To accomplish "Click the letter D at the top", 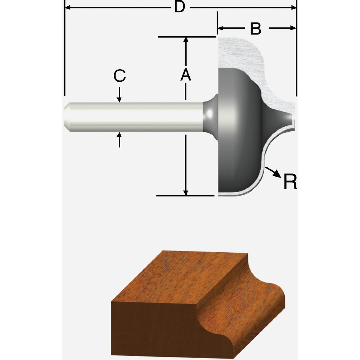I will [x=179, y=7].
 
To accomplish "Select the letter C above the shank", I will [x=119, y=76].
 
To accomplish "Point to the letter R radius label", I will [x=290, y=182].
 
